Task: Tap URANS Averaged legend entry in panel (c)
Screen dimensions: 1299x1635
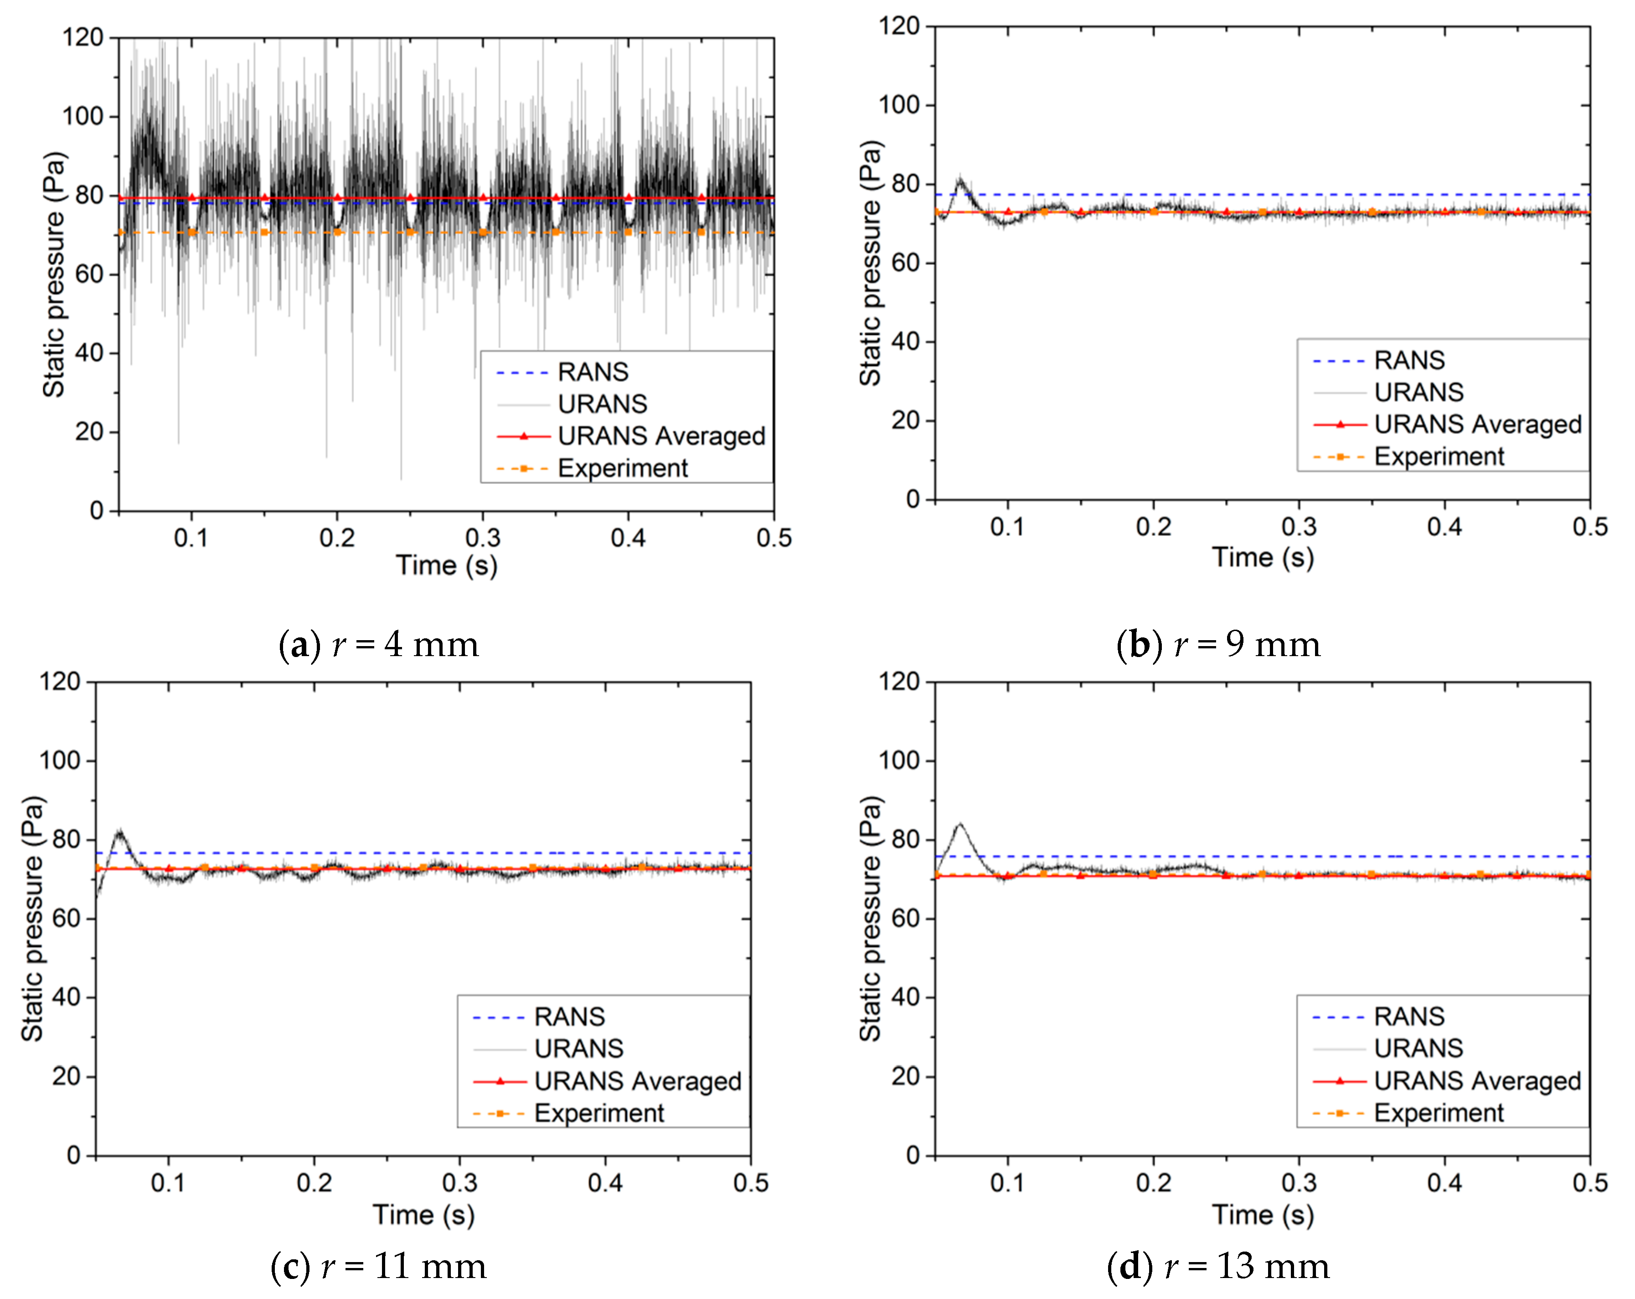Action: pyautogui.click(x=637, y=1081)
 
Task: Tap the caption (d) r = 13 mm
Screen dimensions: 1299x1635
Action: pyautogui.click(x=1218, y=1266)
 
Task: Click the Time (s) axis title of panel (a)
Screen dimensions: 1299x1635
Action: pyautogui.click(x=446, y=565)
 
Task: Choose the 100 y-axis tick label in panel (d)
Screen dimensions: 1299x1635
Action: pyautogui.click(x=899, y=760)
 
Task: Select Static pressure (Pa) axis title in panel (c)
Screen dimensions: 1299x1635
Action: pyautogui.click(x=32, y=918)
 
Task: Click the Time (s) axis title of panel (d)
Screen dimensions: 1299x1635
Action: pyautogui.click(x=1263, y=1215)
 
